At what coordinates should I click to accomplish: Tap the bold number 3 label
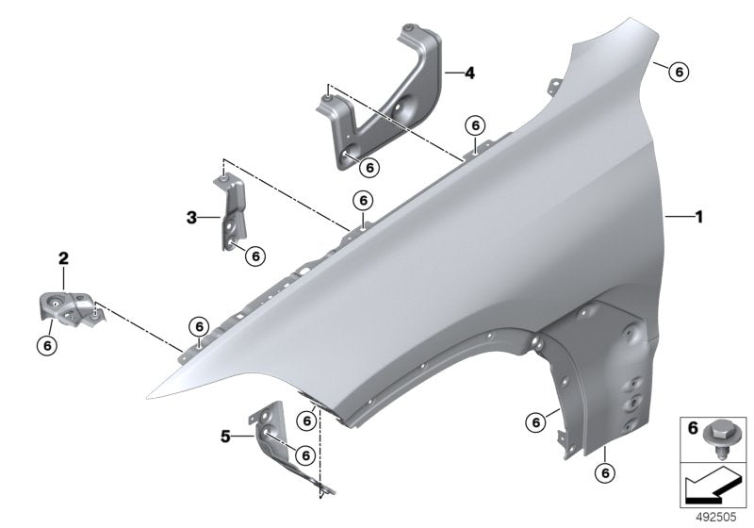point(191,218)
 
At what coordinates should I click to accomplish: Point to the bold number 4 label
point(468,72)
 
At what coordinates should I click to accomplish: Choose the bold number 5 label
point(225,436)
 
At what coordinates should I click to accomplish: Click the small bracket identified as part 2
point(69,305)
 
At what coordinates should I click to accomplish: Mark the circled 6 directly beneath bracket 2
point(47,344)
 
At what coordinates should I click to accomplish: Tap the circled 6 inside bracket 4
point(369,166)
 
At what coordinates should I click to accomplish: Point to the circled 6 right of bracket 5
point(303,454)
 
